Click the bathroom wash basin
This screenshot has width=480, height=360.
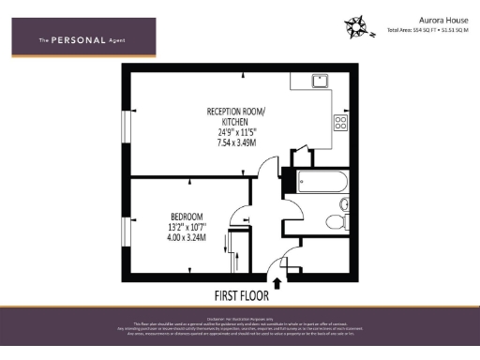(x=344, y=203)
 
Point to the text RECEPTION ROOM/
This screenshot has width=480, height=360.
(x=235, y=111)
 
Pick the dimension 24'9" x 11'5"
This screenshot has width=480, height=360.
(x=235, y=132)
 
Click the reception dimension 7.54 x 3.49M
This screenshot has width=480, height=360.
(x=235, y=142)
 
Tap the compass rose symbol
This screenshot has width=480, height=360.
(x=354, y=24)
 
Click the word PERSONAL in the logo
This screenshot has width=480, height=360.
(x=77, y=40)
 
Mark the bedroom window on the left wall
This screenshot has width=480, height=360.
(x=124, y=230)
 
